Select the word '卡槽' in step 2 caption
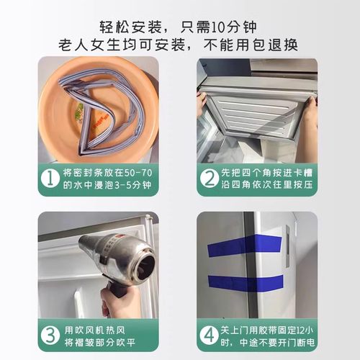point(302,173)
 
